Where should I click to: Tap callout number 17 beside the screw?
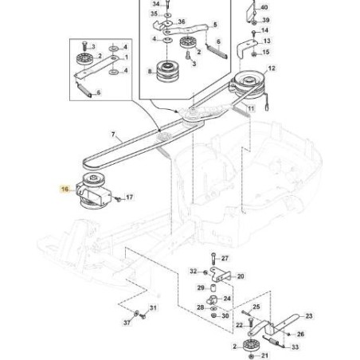click(x=130, y=196)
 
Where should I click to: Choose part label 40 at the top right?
click(x=265, y=6)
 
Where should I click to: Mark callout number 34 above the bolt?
click(x=155, y=4)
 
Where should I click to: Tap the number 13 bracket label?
click(x=266, y=41)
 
